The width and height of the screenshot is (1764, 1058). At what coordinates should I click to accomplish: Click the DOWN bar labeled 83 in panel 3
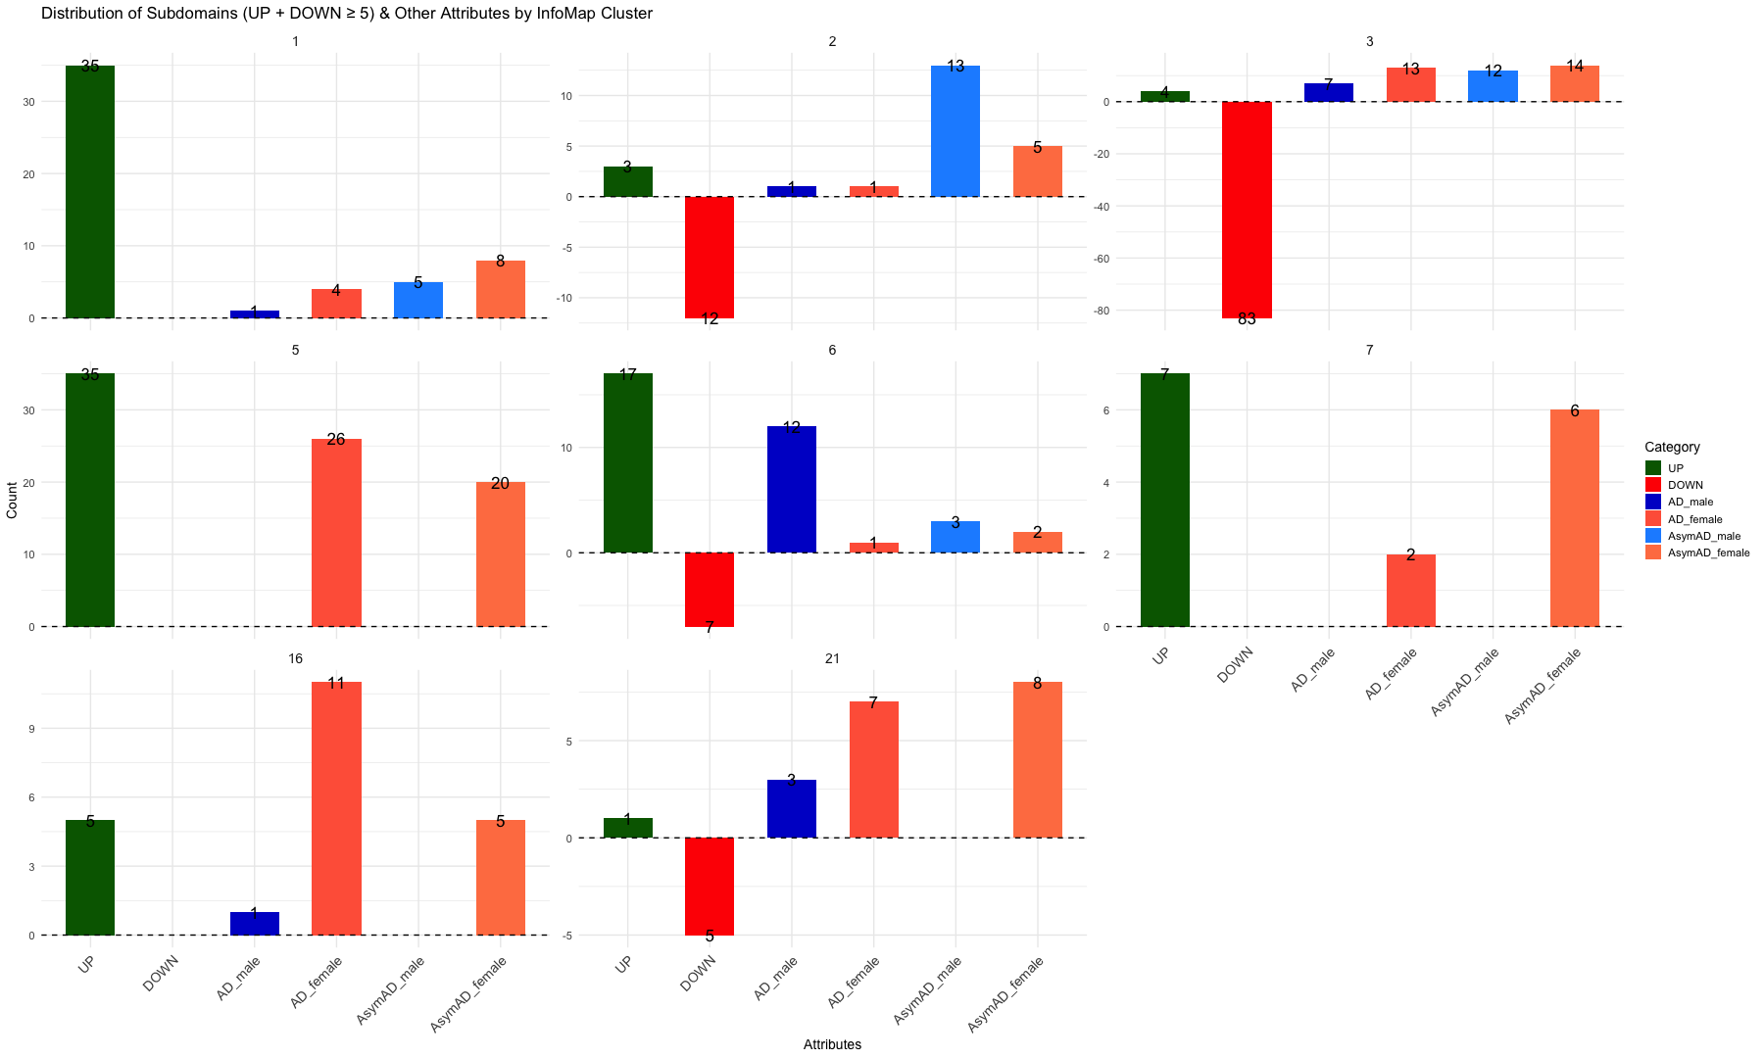[x=1247, y=210]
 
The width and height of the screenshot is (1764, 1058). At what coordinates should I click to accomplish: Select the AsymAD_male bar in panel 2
[x=955, y=131]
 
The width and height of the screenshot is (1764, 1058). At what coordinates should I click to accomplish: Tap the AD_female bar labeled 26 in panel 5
[x=336, y=533]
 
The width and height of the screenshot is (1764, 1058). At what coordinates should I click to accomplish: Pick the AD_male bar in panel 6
[x=792, y=490]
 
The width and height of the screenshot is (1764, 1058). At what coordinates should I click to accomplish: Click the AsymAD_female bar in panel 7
[x=1575, y=518]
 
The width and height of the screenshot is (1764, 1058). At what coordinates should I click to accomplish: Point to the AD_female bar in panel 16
[x=336, y=809]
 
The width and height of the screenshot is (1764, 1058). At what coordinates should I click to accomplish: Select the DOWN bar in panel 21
[x=710, y=887]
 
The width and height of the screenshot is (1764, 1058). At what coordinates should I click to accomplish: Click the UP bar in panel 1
[x=90, y=192]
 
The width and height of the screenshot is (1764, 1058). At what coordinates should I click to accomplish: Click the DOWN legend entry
[x=1685, y=485]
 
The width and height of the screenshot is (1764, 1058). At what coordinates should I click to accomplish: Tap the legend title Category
[x=1672, y=447]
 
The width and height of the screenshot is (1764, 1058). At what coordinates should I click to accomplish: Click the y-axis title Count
[x=12, y=501]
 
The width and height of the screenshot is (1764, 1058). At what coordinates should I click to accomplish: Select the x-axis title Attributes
[x=832, y=1044]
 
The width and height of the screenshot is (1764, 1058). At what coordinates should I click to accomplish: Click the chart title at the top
[x=347, y=14]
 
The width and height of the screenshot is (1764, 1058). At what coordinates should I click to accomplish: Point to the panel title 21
[x=832, y=659]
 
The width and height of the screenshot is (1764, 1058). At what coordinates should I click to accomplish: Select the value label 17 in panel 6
[x=628, y=375]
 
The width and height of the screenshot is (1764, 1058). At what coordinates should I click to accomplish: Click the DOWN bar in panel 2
[x=710, y=257]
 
